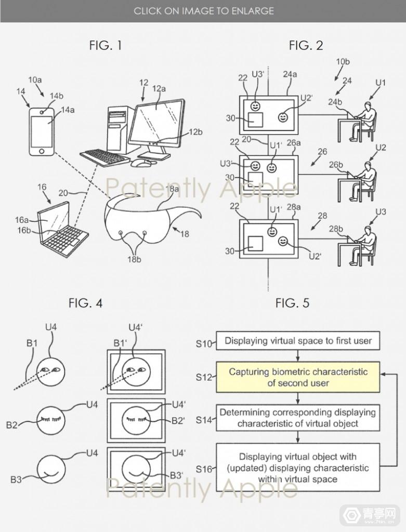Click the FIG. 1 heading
pos(106,46)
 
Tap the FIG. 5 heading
pos(292,303)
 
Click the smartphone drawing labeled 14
pos(41,130)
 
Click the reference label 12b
pos(195,132)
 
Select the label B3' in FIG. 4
pos(176,475)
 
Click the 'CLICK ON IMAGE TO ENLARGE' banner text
pos(203,10)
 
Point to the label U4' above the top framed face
pos(136,328)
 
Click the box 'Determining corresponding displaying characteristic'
pos(297,418)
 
